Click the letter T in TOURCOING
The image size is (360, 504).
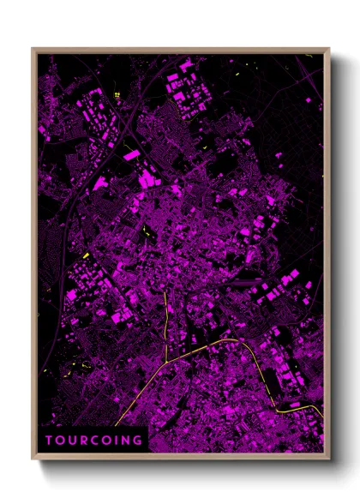tap(50, 441)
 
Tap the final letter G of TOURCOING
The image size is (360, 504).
tap(136, 441)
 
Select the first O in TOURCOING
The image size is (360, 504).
tap(60, 441)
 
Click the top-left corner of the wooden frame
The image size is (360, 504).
tap(33, 49)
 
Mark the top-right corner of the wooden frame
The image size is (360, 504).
tap(329, 49)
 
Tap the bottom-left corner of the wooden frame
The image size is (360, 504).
tap(33, 458)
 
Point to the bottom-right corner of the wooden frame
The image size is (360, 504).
tap(329, 458)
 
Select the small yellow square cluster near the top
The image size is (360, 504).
tap(116, 94)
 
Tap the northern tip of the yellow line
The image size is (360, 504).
tap(165, 290)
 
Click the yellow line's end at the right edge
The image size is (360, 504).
tap(323, 420)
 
